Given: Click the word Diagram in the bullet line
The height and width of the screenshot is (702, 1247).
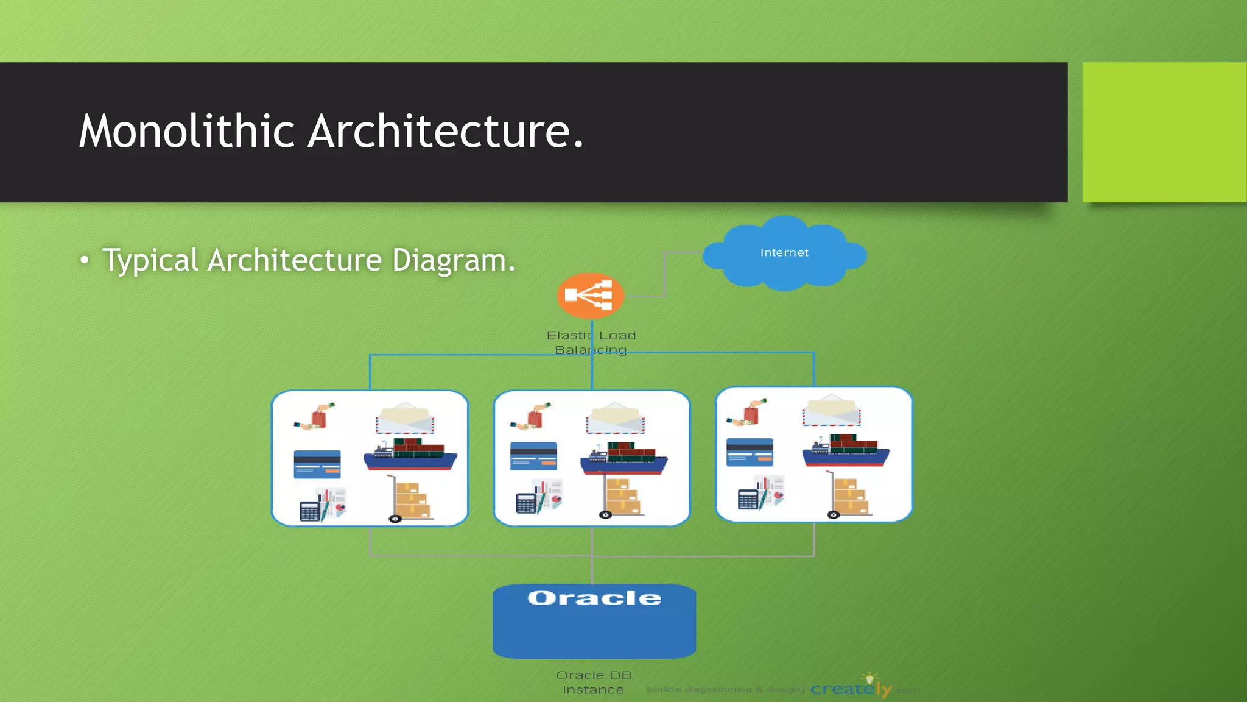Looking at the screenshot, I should click(x=449, y=260).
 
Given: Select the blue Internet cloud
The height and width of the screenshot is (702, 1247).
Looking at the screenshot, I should click(x=784, y=253).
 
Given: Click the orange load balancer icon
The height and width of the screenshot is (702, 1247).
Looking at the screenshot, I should click(x=590, y=296).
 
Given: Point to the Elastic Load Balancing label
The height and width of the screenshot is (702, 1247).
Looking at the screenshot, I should click(x=591, y=342).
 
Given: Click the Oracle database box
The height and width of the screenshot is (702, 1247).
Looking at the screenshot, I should click(x=594, y=622).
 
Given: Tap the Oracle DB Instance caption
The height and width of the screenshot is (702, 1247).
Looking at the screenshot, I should click(x=594, y=682).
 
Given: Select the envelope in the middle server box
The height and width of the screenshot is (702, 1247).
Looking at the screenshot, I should click(x=615, y=418).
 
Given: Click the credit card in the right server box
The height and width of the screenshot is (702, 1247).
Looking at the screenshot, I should click(x=750, y=452).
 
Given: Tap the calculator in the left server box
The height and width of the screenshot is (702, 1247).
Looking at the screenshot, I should click(x=309, y=511).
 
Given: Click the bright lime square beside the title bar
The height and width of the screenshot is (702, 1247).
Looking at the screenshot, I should click(x=1164, y=132).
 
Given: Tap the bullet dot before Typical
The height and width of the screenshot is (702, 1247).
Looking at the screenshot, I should click(x=85, y=261).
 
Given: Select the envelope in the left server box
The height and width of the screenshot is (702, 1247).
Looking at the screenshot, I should click(x=405, y=418).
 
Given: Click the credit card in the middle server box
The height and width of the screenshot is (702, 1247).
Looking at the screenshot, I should click(x=533, y=456).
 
